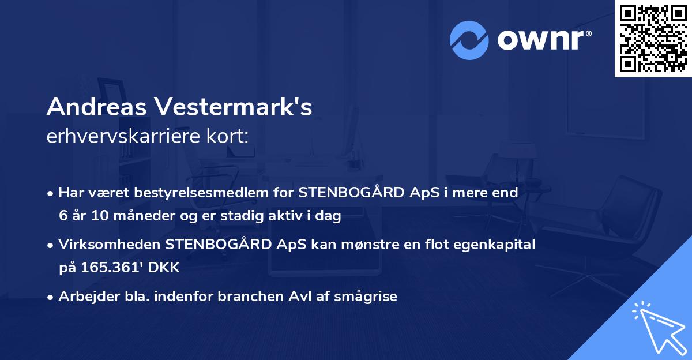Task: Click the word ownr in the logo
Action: [x=540, y=39]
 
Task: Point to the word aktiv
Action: [x=279, y=216]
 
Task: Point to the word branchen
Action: [x=253, y=297]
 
